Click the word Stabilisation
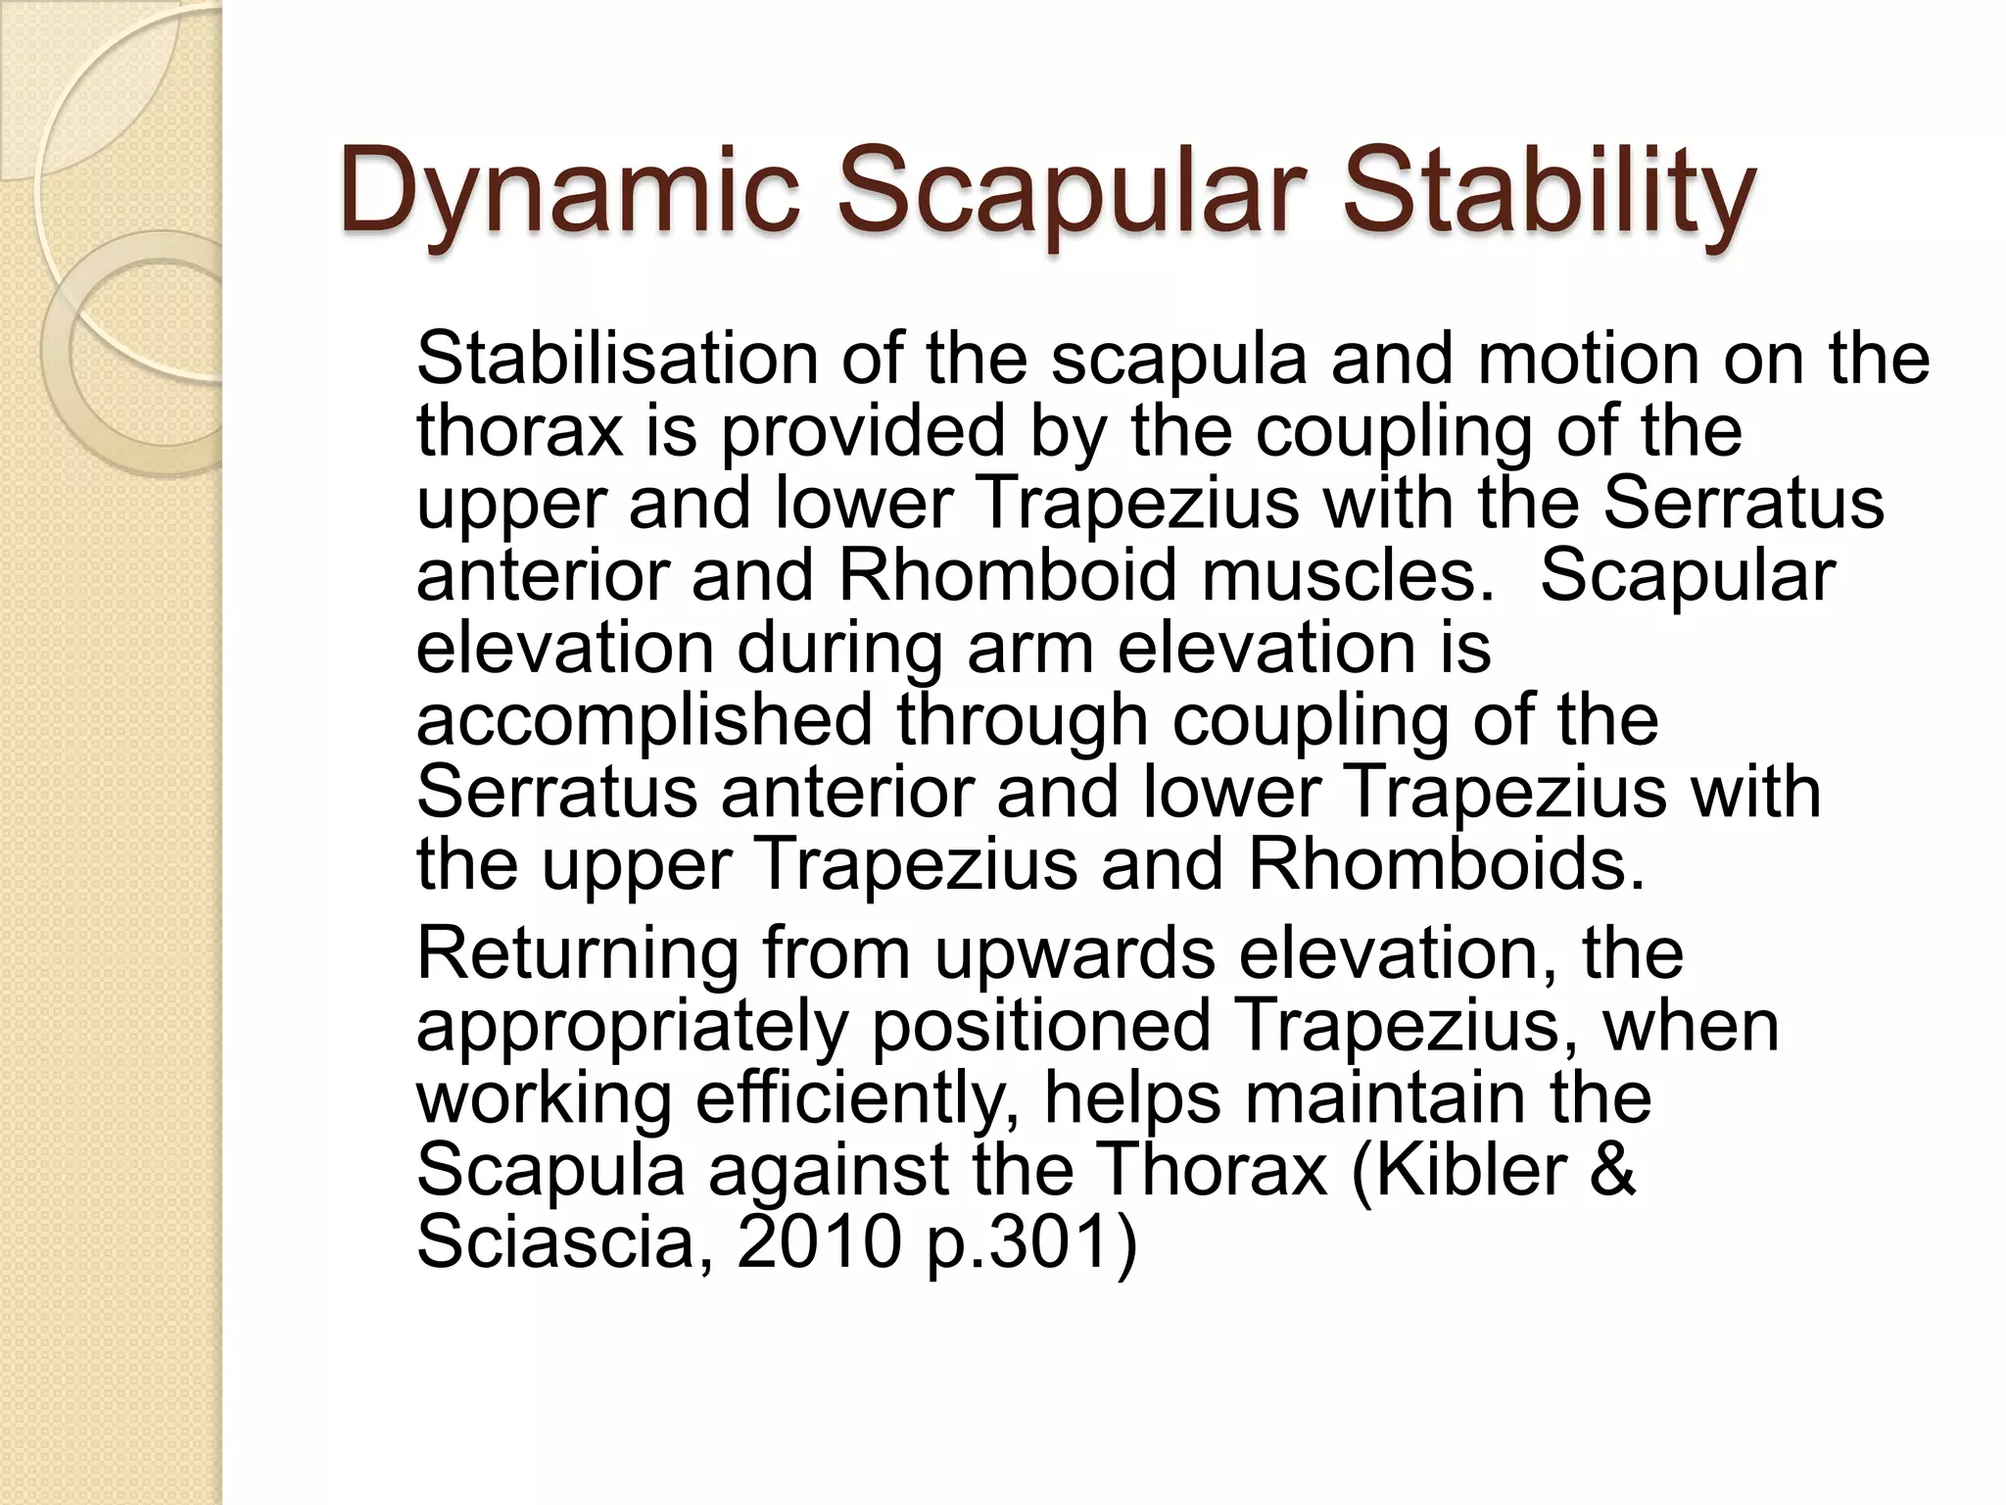point(616,359)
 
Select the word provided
point(863,431)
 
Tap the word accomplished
point(644,720)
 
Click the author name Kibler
point(1469,1170)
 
